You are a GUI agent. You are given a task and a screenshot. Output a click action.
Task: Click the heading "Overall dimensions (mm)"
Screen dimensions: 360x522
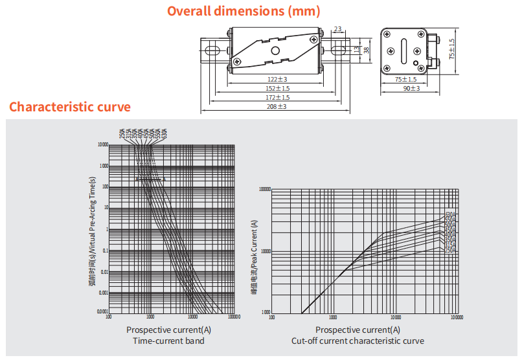coord(244,11)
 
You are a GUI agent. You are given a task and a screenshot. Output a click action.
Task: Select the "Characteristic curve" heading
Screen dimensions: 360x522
coord(70,107)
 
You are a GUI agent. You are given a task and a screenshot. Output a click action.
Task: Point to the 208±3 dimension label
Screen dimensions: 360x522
coord(277,106)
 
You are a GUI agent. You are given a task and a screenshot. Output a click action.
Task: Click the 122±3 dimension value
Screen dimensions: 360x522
coord(277,79)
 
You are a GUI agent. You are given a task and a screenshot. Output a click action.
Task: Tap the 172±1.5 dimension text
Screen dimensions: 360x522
coord(277,97)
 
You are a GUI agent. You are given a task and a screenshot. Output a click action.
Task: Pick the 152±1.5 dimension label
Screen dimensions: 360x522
coord(277,88)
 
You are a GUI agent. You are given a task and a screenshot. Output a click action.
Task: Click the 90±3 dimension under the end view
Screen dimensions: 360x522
coord(411,88)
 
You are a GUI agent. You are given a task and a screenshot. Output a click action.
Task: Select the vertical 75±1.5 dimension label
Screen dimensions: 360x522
coord(452,49)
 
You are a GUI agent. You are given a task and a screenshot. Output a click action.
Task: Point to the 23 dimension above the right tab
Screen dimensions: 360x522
coord(339,28)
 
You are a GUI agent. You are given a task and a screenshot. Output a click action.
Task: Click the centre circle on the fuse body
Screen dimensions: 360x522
coord(275,51)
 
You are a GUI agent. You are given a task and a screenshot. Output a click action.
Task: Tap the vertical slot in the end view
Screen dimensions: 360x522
coord(404,49)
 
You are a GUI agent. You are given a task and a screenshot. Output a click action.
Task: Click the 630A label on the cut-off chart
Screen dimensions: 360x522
coord(451,215)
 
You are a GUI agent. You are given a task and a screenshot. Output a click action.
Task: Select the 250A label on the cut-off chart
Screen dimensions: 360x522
coord(451,250)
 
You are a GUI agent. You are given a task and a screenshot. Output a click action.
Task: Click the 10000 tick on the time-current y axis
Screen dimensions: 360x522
coord(102,144)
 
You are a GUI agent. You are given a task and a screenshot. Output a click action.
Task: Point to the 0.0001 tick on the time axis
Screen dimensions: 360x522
coord(102,312)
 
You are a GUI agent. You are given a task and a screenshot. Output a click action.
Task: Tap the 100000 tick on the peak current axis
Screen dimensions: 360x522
coord(264,190)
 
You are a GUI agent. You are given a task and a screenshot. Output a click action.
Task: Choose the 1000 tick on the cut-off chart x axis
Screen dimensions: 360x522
coord(333,317)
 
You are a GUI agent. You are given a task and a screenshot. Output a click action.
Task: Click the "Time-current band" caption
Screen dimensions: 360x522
coord(168,341)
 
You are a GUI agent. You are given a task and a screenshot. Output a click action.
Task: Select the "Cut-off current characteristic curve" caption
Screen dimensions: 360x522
coord(357,341)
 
